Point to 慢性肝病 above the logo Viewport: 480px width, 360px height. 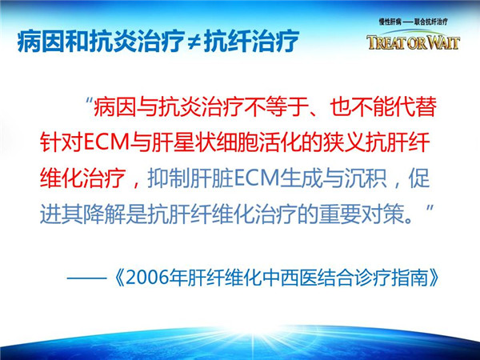(x=390, y=22)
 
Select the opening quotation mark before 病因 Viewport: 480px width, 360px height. (x=89, y=102)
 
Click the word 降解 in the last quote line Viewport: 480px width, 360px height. (x=104, y=214)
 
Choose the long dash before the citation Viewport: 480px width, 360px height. (x=86, y=278)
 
